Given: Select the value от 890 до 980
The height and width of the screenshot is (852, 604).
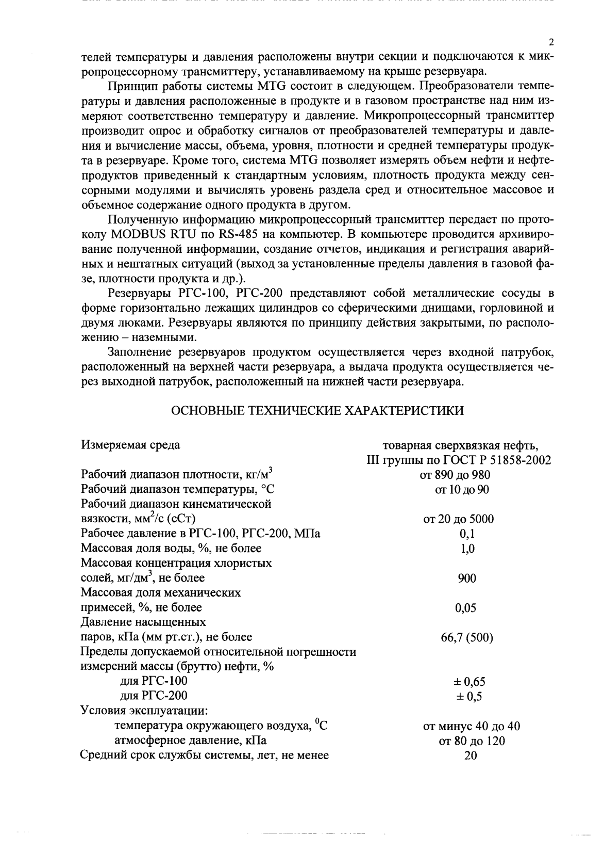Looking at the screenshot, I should [455, 475].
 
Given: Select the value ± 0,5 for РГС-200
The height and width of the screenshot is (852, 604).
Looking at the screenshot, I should [469, 697].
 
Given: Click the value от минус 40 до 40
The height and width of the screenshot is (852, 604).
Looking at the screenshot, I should [471, 727].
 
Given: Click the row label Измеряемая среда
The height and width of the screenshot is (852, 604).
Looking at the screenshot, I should [131, 445].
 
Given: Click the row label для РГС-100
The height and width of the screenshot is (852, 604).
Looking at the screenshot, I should [153, 681].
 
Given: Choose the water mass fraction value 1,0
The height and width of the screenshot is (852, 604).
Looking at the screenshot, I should [467, 549].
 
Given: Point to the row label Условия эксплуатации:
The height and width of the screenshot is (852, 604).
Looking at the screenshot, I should [144, 711].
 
